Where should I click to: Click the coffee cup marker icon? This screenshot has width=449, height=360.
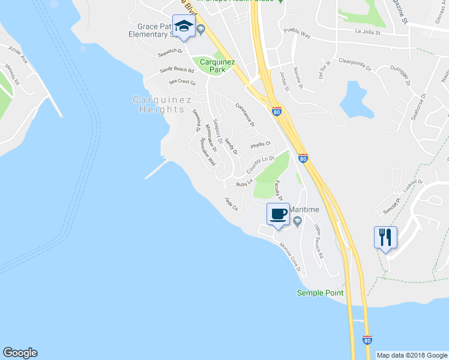[278, 214]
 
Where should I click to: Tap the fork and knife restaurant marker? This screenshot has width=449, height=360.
[385, 237]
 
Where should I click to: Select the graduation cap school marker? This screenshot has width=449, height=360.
[184, 27]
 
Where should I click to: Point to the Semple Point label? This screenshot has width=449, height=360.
[321, 293]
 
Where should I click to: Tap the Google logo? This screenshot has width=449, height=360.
[20, 353]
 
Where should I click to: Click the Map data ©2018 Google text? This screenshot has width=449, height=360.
[412, 355]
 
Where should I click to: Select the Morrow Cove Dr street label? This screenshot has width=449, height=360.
[290, 256]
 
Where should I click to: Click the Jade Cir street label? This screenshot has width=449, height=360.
[231, 203]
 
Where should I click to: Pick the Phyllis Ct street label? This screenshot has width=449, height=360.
[261, 144]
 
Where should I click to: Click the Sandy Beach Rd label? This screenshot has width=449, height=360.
[176, 70]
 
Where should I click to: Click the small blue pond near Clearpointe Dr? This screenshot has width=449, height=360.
[353, 99]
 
